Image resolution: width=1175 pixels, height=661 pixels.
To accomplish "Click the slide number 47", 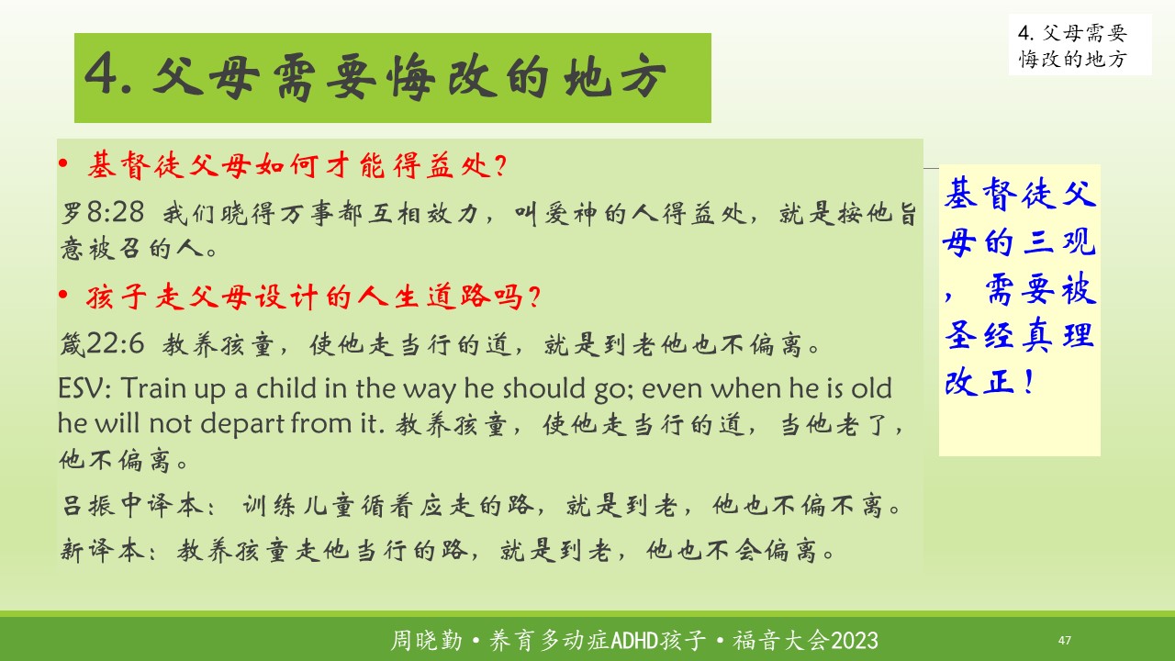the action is tap(1064, 640).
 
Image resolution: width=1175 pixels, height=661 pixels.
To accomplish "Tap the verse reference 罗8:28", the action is tap(102, 212).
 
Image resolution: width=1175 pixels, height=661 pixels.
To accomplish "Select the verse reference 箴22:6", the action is tap(102, 343).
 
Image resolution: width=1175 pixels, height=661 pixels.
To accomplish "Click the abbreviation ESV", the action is tap(84, 388).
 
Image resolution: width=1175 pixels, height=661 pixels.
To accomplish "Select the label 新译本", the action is tap(103, 550).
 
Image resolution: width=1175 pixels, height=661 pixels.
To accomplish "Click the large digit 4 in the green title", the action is tap(101, 74).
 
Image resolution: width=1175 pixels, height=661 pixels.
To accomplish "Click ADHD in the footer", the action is tap(634, 641).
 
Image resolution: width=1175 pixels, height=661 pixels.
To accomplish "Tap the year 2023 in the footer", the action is tap(855, 641).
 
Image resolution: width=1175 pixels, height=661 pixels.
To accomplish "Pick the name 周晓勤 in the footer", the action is tap(427, 641).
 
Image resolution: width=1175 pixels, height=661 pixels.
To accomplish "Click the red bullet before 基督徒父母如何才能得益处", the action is tap(63, 164).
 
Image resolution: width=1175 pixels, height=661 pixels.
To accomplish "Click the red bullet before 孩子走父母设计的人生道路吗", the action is tap(63, 295).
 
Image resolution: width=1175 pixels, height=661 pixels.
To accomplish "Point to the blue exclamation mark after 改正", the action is tap(1029, 382).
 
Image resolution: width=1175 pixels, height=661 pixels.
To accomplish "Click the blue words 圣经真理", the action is tap(1020, 335).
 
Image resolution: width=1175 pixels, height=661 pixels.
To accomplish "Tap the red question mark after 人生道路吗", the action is tap(534, 297).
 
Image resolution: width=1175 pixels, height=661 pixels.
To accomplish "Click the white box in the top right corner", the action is tap(1080, 45).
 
